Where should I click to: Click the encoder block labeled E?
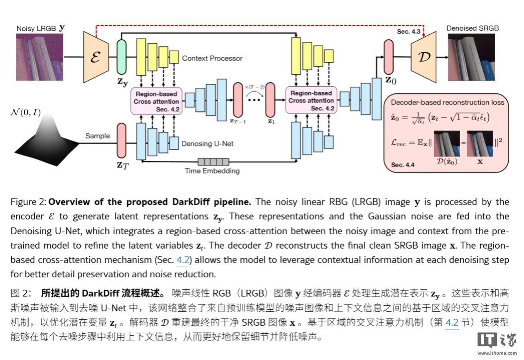(96, 56)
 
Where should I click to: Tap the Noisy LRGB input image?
(39, 57)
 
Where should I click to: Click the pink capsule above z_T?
(121, 140)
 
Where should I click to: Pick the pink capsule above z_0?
(388, 56)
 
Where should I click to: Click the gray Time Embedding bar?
(213, 162)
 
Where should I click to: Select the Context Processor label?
(212, 58)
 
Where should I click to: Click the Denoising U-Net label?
(207, 143)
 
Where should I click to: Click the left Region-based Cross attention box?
(156, 101)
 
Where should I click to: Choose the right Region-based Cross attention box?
(311, 101)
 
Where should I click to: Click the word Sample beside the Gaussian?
(97, 136)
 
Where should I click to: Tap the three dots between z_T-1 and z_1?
(254, 100)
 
